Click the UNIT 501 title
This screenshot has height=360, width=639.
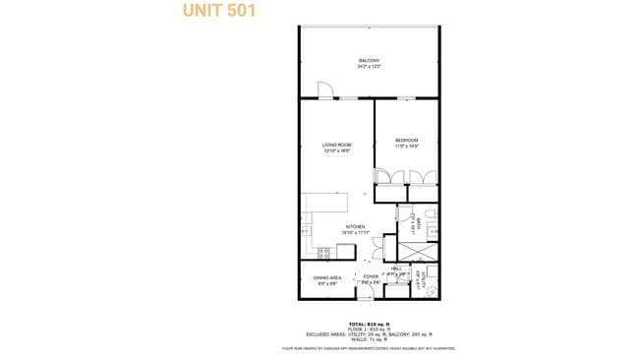(x=218, y=12)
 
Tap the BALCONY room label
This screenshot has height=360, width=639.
(x=369, y=61)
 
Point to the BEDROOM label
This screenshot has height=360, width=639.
(x=407, y=140)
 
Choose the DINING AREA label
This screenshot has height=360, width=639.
(x=327, y=277)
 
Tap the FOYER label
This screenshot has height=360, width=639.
(x=371, y=277)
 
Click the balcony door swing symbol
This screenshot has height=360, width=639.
(x=325, y=91)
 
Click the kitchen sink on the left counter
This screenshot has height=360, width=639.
(x=306, y=232)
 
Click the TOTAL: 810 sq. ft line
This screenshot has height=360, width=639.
(x=369, y=324)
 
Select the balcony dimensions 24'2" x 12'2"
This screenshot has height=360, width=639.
(x=369, y=67)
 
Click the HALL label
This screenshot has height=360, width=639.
(x=397, y=269)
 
